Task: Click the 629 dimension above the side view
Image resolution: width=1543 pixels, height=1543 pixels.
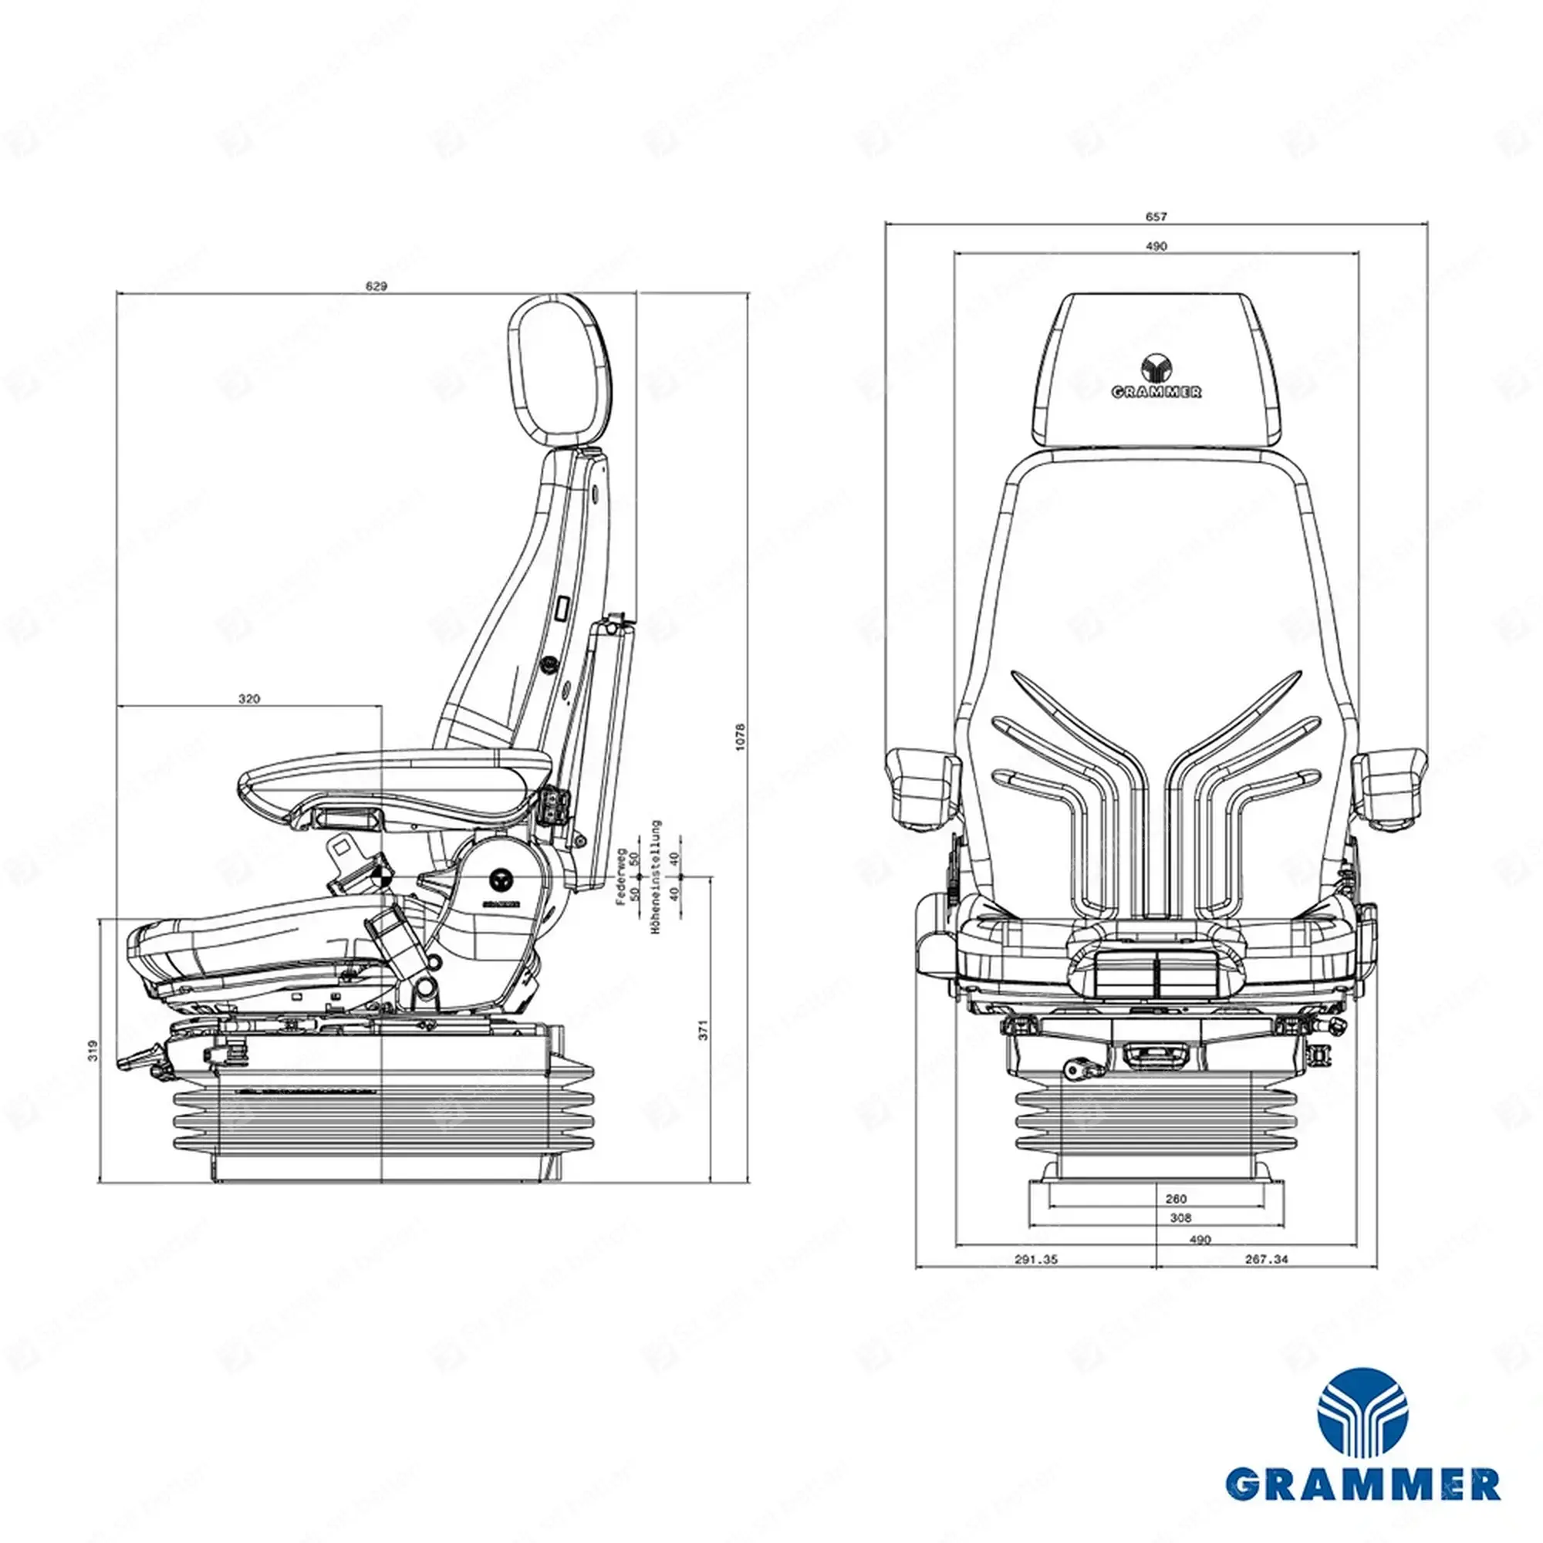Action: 376,287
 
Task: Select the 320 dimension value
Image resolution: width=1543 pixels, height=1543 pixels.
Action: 249,699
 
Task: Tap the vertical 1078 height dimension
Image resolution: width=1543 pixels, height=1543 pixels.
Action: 740,735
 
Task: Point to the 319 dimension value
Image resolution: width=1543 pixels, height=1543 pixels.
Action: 93,1049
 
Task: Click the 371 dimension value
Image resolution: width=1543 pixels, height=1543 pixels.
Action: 704,1029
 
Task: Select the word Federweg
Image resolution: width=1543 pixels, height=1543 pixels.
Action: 620,876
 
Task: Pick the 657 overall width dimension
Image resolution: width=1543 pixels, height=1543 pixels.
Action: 1156,217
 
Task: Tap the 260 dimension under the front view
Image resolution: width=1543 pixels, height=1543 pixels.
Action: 1177,1199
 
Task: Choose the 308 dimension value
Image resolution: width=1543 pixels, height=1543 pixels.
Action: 1180,1218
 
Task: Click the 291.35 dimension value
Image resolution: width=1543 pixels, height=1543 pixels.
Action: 1036,1260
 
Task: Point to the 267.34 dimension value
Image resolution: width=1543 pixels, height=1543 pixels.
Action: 1266,1260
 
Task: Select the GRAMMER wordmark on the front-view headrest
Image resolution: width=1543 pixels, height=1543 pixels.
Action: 1156,392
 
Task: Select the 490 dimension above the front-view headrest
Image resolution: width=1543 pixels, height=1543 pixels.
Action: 1156,246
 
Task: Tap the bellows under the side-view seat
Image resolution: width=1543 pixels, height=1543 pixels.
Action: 383,1118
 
